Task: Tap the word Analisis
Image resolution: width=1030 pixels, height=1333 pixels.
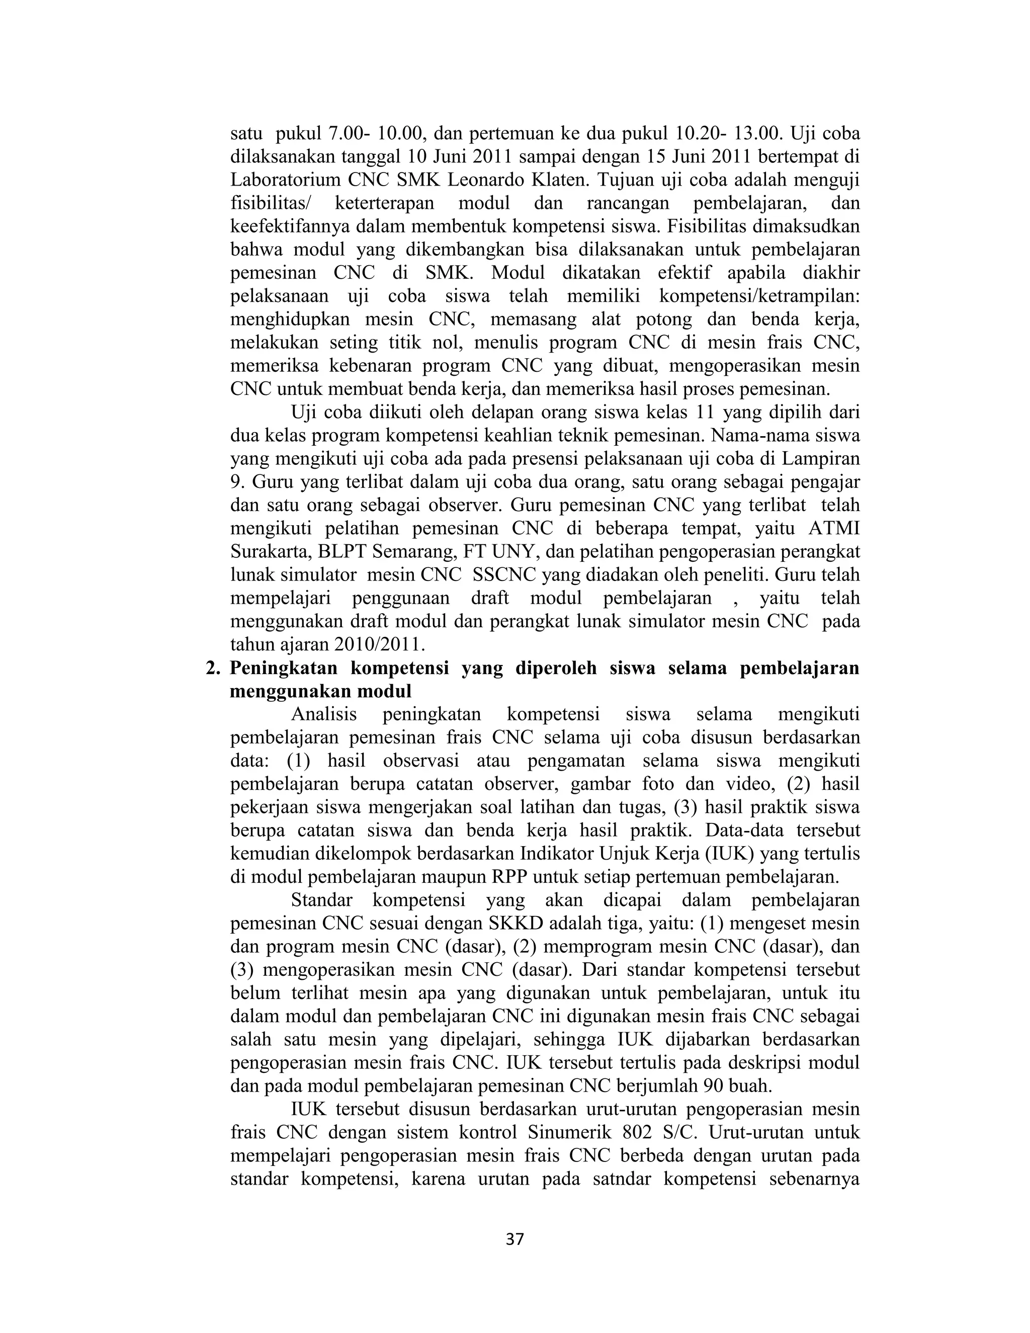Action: (x=324, y=715)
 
